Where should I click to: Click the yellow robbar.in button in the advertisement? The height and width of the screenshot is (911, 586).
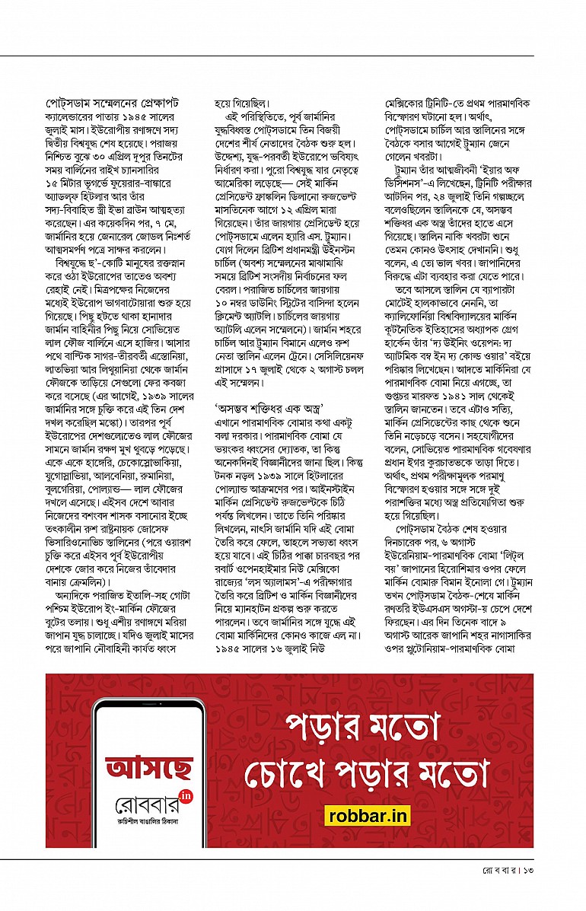tap(369, 814)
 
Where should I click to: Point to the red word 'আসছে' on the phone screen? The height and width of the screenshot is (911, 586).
tap(148, 767)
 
